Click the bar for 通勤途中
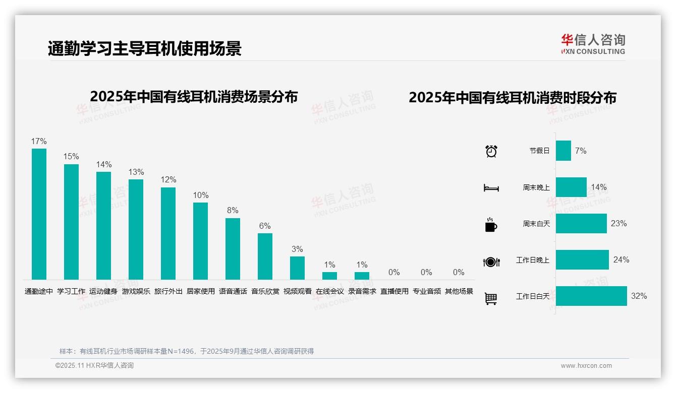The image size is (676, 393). (39, 214)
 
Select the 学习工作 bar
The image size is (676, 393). (71, 222)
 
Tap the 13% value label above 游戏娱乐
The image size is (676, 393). (136, 172)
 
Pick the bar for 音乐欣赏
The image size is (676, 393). (265, 256)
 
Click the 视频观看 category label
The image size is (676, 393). (297, 291)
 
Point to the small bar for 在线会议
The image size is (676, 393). (329, 276)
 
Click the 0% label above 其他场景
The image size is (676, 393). (458, 273)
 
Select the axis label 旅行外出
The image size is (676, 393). (168, 291)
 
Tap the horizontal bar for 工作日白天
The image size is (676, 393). (591, 296)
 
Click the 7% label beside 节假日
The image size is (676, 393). (581, 151)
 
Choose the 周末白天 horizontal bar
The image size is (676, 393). (581, 224)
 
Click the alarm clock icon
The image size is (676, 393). (491, 151)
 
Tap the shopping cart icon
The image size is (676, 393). (490, 299)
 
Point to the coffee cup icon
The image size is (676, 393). (491, 225)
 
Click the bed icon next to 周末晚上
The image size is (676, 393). (491, 188)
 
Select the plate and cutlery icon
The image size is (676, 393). (491, 262)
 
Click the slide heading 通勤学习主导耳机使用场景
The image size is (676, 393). (145, 48)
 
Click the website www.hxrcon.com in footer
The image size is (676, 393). (586, 366)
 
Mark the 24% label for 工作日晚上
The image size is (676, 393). (621, 260)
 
